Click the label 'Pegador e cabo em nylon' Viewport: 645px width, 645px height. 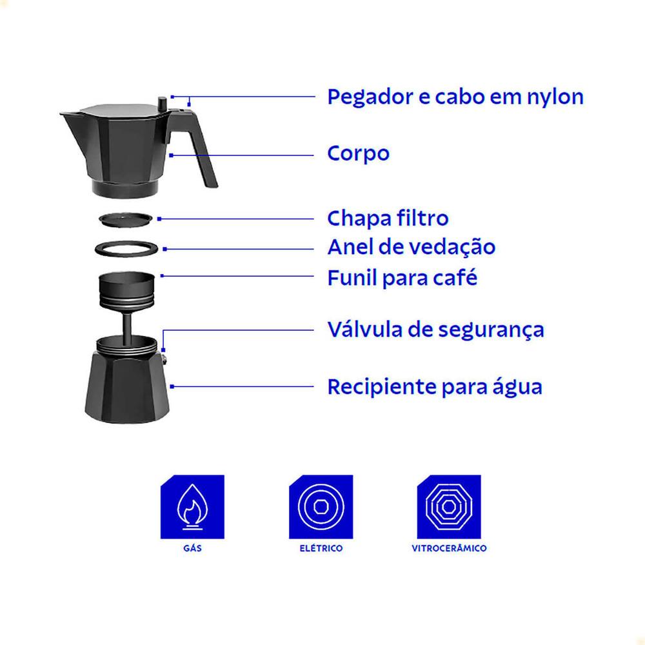455,98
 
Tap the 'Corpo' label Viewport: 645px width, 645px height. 358,154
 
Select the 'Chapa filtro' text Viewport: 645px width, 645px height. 388,218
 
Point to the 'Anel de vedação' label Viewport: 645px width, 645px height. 412,247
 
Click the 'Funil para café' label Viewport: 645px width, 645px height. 402,277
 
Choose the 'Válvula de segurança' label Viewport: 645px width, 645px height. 435,330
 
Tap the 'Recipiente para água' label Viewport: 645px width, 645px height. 435,386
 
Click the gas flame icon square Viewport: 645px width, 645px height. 192,507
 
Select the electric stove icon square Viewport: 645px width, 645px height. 321,507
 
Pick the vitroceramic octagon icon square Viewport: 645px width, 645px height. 449,507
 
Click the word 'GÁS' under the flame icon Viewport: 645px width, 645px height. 192,548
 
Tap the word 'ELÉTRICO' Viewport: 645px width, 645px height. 321,548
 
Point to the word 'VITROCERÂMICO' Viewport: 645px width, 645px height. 449,548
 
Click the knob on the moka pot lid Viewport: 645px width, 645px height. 162,103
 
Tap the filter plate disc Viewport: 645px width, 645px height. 126,219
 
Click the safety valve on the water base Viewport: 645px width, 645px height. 164,361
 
